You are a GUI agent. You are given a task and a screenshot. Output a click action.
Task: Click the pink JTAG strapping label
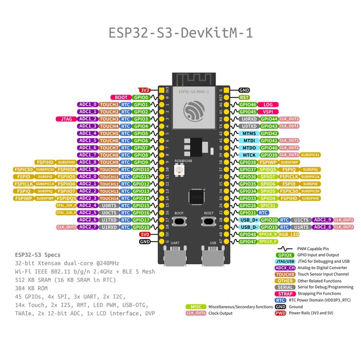click(x=66, y=119)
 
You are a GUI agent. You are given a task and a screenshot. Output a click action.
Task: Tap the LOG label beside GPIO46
click(x=268, y=105)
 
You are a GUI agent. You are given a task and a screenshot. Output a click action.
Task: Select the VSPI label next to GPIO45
click(x=268, y=112)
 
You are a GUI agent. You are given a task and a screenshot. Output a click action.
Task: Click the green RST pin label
click(x=244, y=97)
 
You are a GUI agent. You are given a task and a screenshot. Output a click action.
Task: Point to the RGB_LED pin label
click(x=289, y=234)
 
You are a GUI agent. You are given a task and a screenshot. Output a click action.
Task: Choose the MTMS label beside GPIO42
click(x=249, y=133)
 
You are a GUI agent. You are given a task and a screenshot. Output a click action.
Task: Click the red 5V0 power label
click(x=145, y=234)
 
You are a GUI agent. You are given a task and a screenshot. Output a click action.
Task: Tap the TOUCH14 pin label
click(x=109, y=198)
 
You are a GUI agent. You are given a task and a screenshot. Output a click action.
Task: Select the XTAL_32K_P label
click(x=66, y=205)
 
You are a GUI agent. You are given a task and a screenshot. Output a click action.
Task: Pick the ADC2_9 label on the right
click(x=322, y=220)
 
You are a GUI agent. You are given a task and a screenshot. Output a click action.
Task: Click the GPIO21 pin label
click(x=248, y=213)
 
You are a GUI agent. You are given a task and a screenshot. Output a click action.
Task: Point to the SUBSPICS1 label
click(x=310, y=155)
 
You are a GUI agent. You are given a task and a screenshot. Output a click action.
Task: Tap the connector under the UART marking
click(x=174, y=257)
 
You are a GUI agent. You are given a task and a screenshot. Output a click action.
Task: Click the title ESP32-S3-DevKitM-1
click(x=180, y=32)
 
